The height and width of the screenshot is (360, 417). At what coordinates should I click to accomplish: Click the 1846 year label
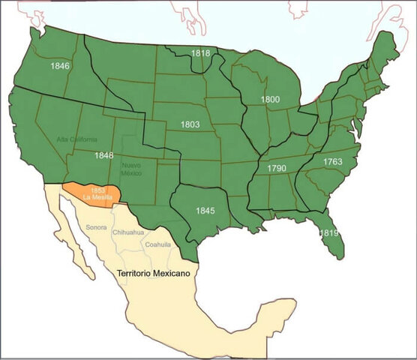[60, 66]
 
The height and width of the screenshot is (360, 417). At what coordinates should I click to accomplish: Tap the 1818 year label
[200, 53]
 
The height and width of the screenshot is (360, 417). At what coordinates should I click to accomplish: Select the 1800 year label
[270, 99]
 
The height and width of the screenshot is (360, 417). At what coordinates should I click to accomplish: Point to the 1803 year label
[190, 124]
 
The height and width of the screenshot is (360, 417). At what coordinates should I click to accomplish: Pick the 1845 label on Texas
[205, 211]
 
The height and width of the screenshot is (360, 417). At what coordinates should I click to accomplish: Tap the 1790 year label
[277, 169]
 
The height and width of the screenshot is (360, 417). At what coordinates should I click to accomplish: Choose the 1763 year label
[333, 162]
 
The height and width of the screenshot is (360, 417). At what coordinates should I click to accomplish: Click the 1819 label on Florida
[328, 234]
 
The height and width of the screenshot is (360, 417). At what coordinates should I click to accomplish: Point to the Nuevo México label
[131, 169]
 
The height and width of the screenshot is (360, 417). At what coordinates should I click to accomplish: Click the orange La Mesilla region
[94, 194]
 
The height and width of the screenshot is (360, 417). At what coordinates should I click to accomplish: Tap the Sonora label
[96, 226]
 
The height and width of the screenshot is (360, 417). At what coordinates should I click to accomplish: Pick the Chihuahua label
[127, 233]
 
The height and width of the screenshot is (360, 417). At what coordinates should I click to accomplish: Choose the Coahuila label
[158, 244]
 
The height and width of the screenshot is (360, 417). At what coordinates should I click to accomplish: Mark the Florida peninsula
[328, 232]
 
